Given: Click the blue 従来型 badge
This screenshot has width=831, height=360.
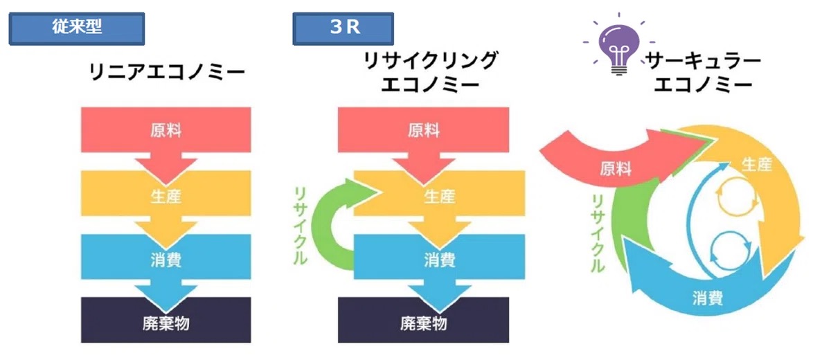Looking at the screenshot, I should pos(76,28).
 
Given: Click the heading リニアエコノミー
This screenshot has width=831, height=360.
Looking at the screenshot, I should pos(167,71).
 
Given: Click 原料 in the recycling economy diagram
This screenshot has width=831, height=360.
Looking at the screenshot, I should pos(424,130).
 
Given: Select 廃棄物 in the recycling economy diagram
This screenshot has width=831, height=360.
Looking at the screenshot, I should pos(424,323).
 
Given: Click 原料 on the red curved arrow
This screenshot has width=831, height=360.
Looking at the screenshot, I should pos(616,169).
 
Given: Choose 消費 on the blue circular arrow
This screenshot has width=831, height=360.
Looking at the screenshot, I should pos(707,298).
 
